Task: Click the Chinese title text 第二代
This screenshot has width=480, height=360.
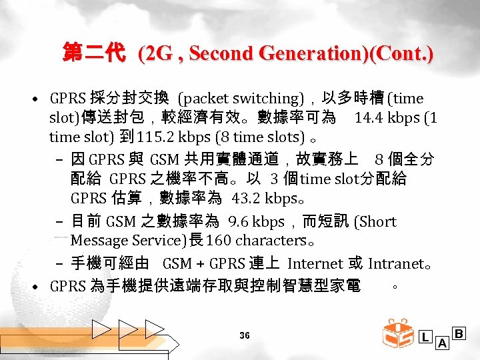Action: coord(93,53)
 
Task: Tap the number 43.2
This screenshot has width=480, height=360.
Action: coord(247,199)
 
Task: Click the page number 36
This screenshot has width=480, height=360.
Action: coord(245,335)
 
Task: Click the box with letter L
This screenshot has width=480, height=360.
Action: coord(425,336)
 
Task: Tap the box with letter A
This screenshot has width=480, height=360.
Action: coord(441,343)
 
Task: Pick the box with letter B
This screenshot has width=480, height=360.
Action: coord(459,333)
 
